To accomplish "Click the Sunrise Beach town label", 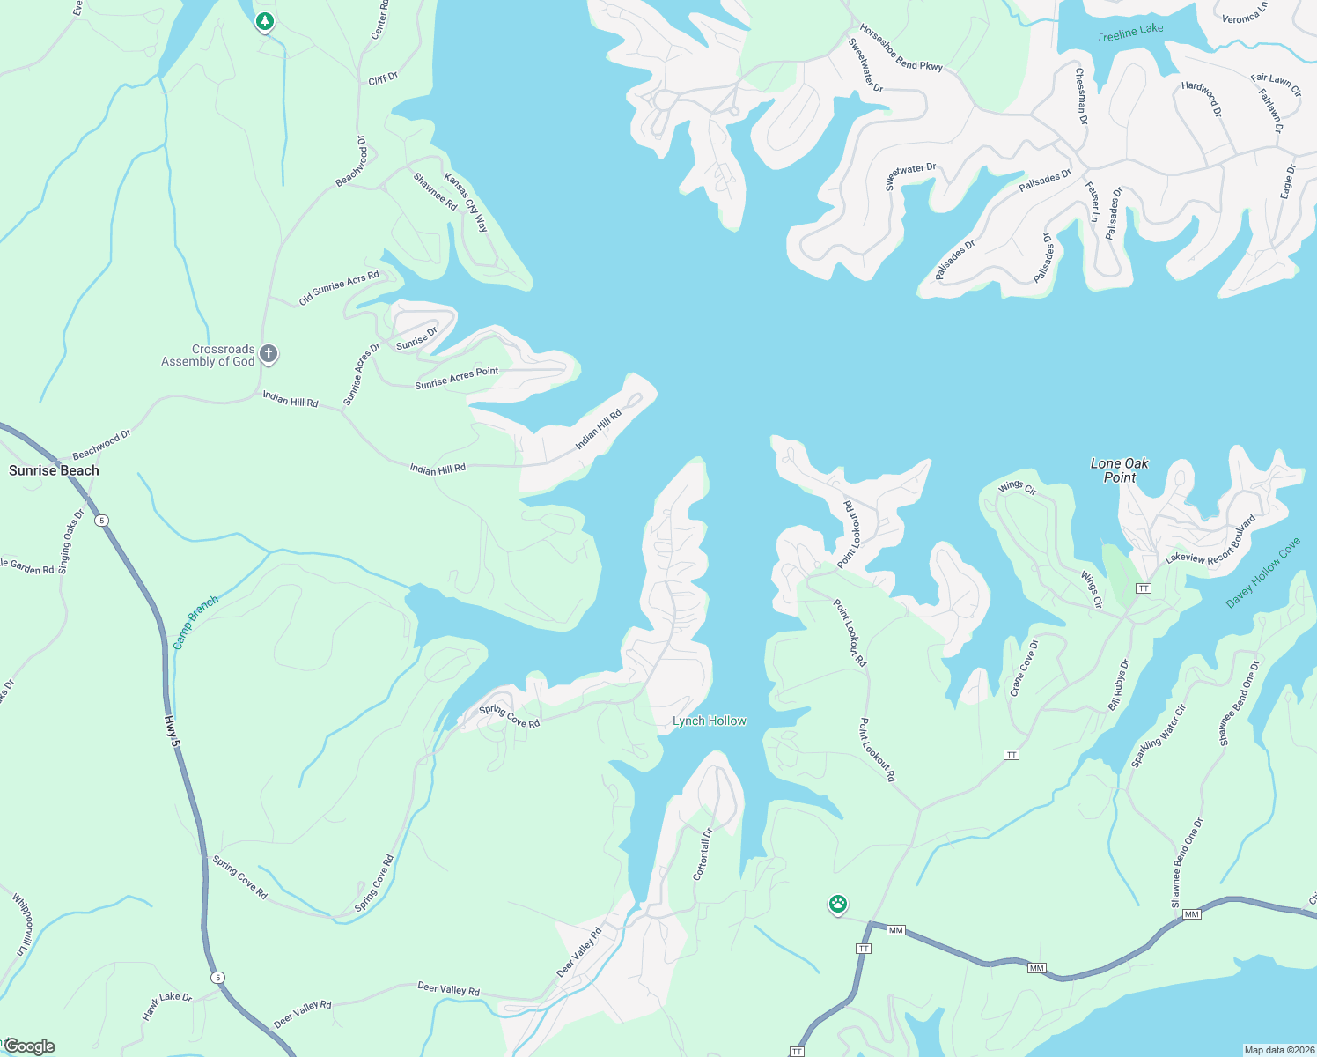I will coord(54,470).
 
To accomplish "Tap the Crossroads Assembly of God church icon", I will coord(269,354).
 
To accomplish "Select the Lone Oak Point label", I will coord(1119,470).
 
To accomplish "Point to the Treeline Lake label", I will coord(1129,33).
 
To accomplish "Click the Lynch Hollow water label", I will coord(709,721).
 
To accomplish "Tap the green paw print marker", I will coord(838,904).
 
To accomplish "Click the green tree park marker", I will coord(264,21).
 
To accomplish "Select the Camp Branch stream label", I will coord(195,623).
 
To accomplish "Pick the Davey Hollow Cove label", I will coord(1262,573).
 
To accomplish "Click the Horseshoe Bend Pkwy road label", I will coord(901,48).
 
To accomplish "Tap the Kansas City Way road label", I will coord(466,203).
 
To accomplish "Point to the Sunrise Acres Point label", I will coord(456,378).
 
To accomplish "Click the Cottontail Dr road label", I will coord(703,854).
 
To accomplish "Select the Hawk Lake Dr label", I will coord(166,1007).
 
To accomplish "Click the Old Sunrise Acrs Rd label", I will coord(339,287).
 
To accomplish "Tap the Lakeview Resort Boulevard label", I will coord(1210,540).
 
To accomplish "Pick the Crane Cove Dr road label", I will coord(1024,669).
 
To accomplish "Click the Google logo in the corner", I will coord(29,1046).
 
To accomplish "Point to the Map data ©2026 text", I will coord(1277,1050).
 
